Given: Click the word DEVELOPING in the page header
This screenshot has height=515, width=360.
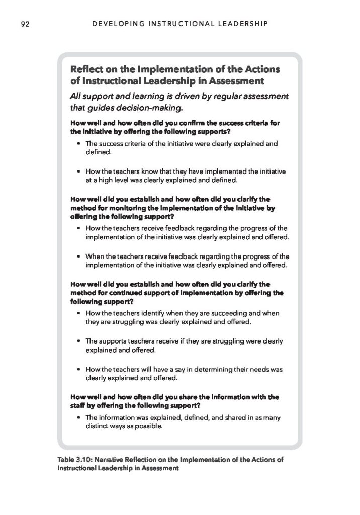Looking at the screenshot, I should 114,23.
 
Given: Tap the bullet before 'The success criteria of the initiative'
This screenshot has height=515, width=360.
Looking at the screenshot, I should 79,144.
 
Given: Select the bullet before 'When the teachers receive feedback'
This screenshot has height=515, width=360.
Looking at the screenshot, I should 79,256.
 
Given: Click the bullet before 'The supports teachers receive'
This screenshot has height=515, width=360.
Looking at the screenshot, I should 79,341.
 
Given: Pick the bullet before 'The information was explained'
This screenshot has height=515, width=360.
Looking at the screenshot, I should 79,418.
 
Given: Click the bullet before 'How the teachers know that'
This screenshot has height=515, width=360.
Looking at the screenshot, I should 79,170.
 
